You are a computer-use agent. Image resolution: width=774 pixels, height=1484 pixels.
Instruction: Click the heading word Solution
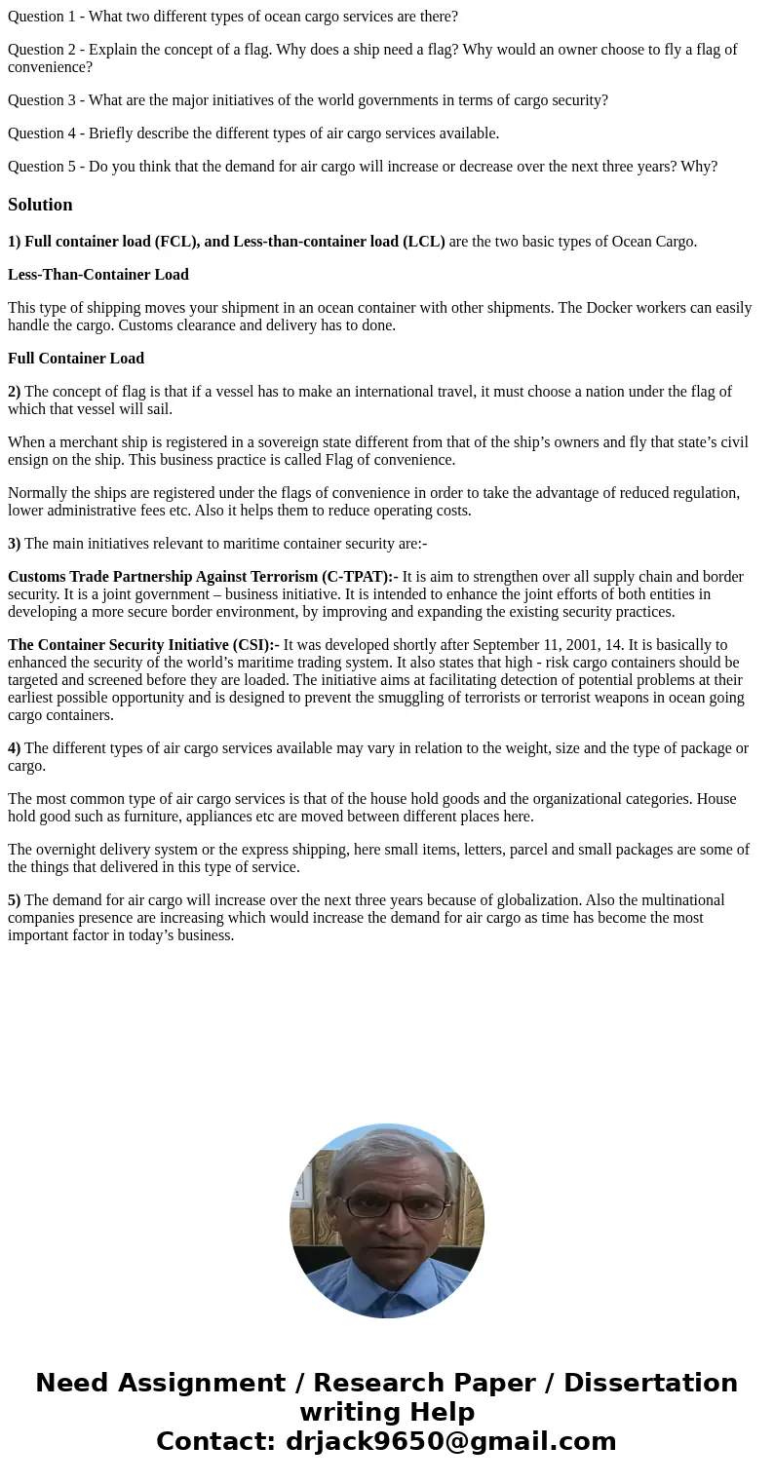coord(40,205)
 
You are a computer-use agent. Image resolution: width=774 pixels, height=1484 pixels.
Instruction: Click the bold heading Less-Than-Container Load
coord(98,275)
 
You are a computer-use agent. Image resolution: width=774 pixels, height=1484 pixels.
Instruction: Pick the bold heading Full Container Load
coord(76,359)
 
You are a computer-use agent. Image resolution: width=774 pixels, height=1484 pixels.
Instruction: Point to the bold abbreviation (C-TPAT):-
coord(360,577)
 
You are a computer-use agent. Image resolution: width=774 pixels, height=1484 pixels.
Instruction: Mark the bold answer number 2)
coord(14,392)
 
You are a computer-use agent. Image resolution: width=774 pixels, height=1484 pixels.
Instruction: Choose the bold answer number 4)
coord(14,748)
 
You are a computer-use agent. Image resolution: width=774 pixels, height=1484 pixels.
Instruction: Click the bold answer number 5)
coord(14,900)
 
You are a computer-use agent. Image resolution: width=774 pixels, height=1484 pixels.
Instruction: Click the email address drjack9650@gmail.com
coord(450,1441)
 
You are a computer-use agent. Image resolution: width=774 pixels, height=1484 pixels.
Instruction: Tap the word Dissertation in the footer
coord(650,1383)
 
